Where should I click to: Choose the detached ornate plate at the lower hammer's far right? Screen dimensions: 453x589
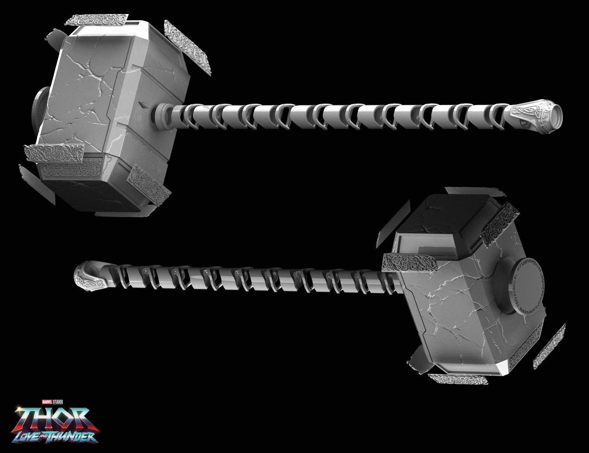coord(549,339)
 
